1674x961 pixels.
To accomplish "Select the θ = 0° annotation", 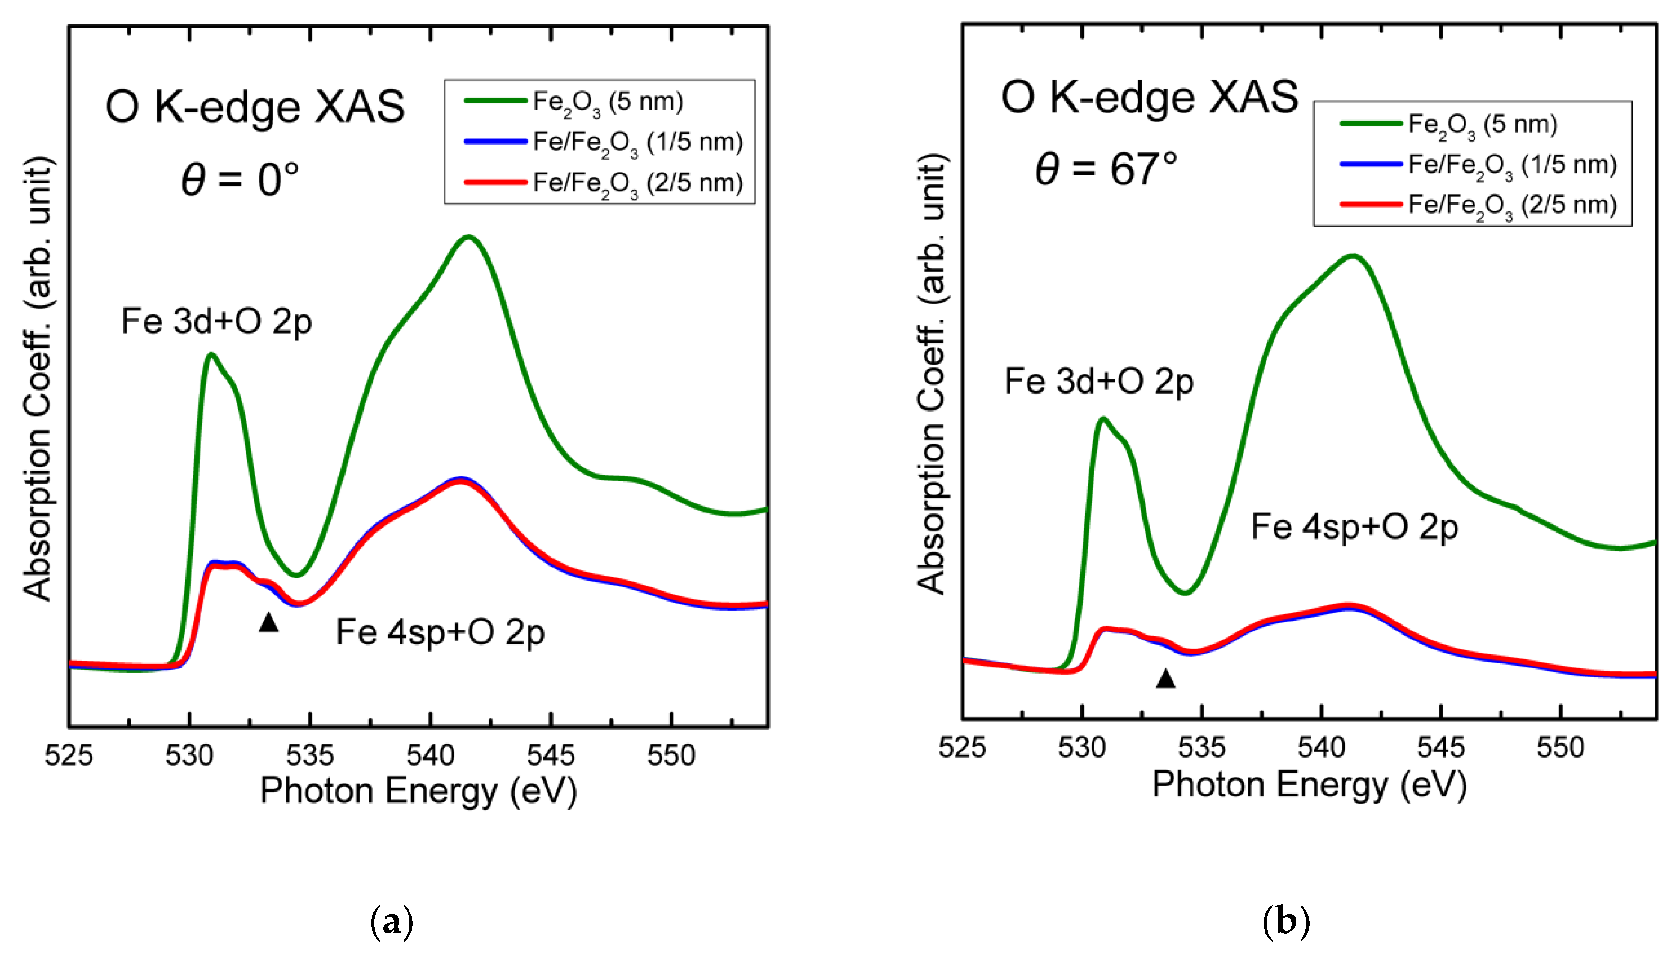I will pos(241,180).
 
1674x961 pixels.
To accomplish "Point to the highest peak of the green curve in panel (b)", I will pos(1353,256).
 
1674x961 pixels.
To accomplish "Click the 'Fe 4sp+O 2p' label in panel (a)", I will pos(440,632).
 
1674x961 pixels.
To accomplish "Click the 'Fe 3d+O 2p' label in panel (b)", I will pos(1099,382).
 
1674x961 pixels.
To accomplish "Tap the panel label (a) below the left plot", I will pos(392,922).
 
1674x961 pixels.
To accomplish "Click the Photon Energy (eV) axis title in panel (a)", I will pos(418,790).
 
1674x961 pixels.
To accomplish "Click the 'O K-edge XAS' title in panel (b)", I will pos(1149,97).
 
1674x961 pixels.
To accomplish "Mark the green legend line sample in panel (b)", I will pos(1371,123).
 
